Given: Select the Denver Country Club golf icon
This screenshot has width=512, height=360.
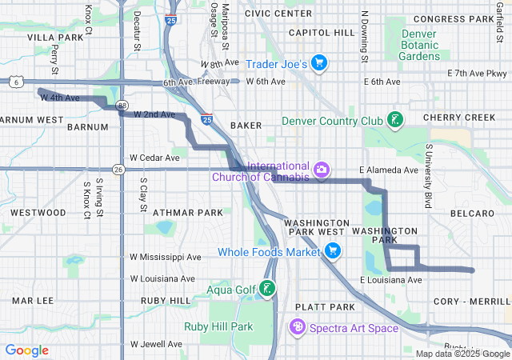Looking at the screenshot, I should pos(394,121).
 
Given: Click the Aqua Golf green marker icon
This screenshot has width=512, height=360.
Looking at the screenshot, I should pos(270,289).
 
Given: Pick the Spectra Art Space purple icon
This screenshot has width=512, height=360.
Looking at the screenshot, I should pos(298,327).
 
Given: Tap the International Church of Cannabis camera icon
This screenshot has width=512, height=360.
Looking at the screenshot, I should pos(321,170).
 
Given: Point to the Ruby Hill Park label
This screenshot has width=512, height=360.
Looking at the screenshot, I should pos(218,326).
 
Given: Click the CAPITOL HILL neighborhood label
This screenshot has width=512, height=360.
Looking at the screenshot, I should pos(321,33).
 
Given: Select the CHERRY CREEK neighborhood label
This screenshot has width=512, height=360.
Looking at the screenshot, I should pos(460,117).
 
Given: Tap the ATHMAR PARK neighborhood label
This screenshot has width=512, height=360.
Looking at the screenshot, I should pos(188,213).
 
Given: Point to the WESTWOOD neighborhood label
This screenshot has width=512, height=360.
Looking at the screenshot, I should pos(38,213).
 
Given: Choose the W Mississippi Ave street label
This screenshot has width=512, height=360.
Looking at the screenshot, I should pos(166,258).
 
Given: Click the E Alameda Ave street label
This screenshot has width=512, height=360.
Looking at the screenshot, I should pos(389,170).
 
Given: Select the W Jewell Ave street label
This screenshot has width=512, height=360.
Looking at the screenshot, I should pos(156,344).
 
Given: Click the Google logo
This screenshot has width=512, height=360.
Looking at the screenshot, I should pos(27,350).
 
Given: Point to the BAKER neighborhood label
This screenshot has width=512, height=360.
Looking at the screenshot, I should pos(246,126).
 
